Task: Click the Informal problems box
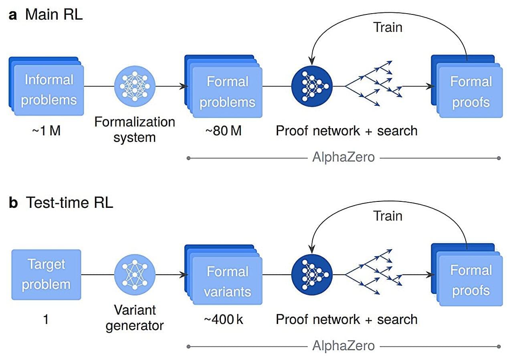(x=48, y=91)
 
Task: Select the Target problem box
(x=46, y=274)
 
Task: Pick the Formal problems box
(x=227, y=92)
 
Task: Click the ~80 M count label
(x=223, y=131)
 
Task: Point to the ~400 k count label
(x=223, y=320)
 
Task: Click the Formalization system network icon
(x=135, y=86)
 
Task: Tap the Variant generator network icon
(x=135, y=274)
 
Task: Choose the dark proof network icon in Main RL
(x=312, y=86)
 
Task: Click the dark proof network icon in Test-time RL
(x=312, y=275)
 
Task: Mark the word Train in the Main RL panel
(x=388, y=27)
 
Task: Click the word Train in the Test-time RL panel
(x=388, y=216)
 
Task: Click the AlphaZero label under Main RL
(x=343, y=157)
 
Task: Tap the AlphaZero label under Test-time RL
(x=343, y=346)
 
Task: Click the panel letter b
(x=13, y=203)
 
